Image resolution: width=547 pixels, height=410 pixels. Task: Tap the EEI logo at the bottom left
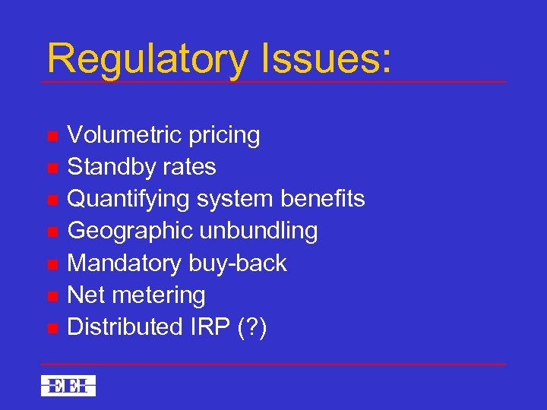pyautogui.click(x=68, y=385)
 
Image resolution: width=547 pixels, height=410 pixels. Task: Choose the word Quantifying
pyautogui.click(x=129, y=200)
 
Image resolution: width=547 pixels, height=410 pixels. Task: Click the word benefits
pyautogui.click(x=323, y=199)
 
